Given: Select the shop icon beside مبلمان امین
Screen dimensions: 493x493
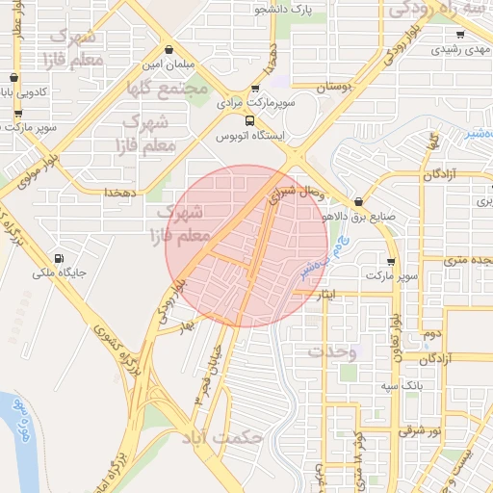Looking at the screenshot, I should click(x=169, y=49).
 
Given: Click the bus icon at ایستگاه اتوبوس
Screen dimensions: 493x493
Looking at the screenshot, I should click(x=250, y=121).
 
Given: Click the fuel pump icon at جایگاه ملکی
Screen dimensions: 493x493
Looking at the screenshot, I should click(x=60, y=258).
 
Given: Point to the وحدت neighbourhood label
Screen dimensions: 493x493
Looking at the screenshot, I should click(x=331, y=352).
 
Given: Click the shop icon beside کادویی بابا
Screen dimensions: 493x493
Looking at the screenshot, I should click(x=13, y=78).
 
